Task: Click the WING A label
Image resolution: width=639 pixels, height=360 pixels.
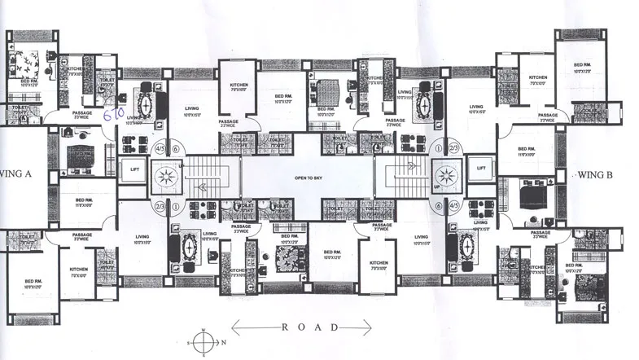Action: point(18,173)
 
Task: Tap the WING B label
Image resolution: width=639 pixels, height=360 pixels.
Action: point(599,173)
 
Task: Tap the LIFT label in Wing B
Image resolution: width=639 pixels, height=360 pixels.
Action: point(481,169)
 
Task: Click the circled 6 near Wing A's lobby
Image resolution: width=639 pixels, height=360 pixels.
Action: point(176,149)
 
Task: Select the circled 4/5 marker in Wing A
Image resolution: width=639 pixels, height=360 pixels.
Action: point(159,149)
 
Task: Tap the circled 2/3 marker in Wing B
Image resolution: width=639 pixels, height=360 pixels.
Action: point(454,149)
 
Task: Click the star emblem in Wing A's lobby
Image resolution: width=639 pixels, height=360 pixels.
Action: point(168,176)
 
